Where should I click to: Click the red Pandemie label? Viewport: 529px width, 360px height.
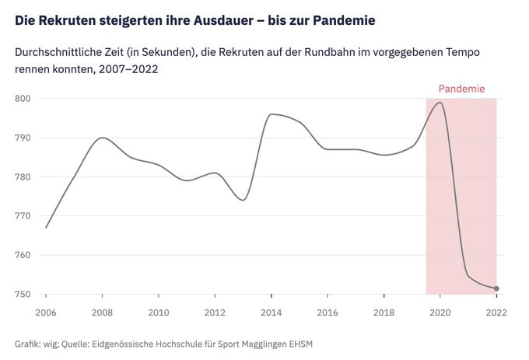coord(461,89)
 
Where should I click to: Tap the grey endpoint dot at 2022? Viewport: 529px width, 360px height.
coord(496,288)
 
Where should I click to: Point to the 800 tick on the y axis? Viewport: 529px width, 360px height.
coord(23,99)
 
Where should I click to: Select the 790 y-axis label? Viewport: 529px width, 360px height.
coord(23,138)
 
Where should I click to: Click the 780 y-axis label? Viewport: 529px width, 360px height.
coord(23,177)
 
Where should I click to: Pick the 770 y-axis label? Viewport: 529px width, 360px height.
coord(23,216)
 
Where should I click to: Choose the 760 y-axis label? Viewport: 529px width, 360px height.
coord(23,255)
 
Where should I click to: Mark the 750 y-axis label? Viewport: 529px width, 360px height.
coord(23,294)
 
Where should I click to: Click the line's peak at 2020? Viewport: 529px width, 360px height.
coord(440,103)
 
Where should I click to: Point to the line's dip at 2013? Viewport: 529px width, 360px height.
coord(243,200)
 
